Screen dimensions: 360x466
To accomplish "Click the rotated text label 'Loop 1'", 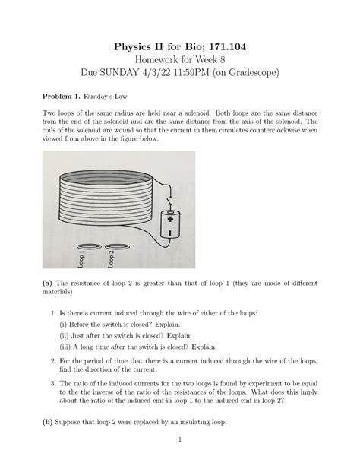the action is coord(81,262).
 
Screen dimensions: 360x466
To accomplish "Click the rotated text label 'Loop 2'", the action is coord(111,260).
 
